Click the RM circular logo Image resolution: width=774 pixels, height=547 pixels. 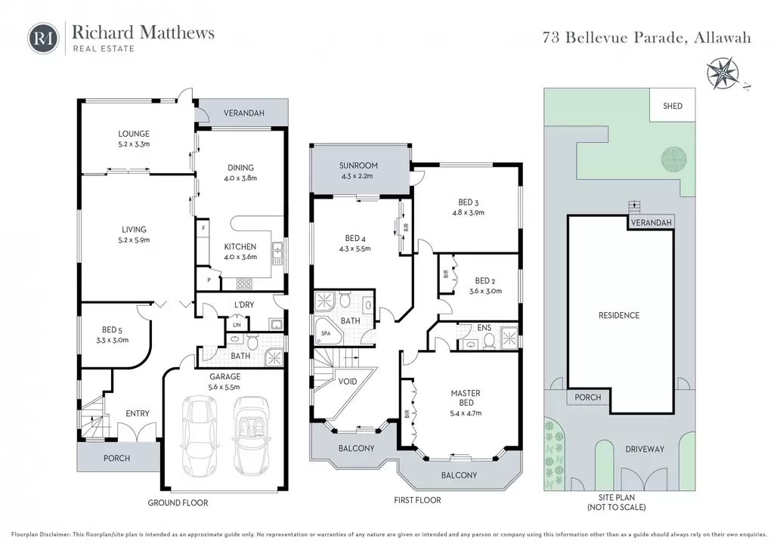click(x=43, y=39)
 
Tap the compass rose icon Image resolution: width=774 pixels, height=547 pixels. click(x=723, y=73)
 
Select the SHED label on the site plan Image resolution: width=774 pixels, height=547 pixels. click(x=672, y=106)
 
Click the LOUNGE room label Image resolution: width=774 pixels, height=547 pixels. click(x=133, y=134)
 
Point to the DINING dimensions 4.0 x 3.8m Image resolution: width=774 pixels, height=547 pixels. click(x=240, y=178)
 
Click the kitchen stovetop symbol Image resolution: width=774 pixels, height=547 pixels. click(x=244, y=283)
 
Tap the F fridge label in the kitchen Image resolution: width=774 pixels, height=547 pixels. click(x=203, y=228)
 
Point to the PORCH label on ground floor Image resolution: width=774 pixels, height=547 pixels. click(x=116, y=458)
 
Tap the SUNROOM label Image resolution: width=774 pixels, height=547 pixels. click(x=358, y=165)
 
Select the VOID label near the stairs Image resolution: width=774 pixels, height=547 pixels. click(x=348, y=382)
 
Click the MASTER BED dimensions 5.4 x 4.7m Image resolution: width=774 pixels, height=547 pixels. click(x=466, y=413)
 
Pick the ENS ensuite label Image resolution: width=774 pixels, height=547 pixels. click(x=485, y=327)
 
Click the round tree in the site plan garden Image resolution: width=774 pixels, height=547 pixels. click(x=673, y=159)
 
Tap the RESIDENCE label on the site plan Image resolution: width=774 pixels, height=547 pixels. click(x=618, y=315)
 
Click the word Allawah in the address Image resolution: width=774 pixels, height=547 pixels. click(x=722, y=38)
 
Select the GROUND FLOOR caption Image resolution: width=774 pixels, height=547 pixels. click(x=178, y=502)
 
